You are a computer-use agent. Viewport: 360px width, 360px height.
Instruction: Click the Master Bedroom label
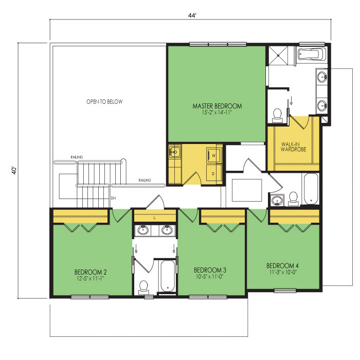pyautogui.click(x=217, y=106)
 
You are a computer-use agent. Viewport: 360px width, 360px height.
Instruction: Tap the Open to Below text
pyautogui.click(x=104, y=102)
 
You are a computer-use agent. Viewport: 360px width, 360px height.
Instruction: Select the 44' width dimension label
pyautogui.click(x=192, y=15)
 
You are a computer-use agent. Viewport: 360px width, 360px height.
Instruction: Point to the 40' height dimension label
pyautogui.click(x=14, y=170)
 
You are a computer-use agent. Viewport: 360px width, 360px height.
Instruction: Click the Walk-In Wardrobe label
pyautogui.click(x=294, y=147)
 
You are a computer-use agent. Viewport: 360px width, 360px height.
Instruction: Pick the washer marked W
pyautogui.click(x=214, y=155)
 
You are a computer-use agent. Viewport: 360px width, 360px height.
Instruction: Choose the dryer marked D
pyautogui.click(x=213, y=174)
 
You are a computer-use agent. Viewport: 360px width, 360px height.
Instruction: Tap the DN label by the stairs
pyautogui.click(x=114, y=198)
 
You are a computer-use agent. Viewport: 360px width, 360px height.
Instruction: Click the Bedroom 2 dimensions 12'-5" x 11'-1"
pyautogui.click(x=91, y=279)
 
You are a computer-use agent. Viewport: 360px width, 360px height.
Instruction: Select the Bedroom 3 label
pyautogui.click(x=210, y=270)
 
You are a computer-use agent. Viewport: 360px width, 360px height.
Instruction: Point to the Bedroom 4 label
pyautogui.click(x=282, y=266)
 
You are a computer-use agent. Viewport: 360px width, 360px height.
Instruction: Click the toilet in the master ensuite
pyautogui.click(x=277, y=116)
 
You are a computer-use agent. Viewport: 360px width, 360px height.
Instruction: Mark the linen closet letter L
pyautogui.click(x=154, y=218)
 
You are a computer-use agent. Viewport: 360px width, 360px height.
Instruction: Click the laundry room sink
pyautogui.click(x=175, y=152)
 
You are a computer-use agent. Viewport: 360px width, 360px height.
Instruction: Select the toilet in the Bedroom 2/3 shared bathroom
pyautogui.click(x=143, y=287)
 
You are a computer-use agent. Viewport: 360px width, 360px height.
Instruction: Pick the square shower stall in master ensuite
pyautogui.click(x=278, y=56)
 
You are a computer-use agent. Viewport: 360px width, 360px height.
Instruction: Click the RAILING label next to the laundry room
pyautogui.click(x=145, y=180)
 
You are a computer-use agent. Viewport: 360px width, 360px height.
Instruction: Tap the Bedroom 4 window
pyautogui.click(x=285, y=291)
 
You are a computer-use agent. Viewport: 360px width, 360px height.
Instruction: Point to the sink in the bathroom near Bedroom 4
pyautogui.click(x=277, y=201)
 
